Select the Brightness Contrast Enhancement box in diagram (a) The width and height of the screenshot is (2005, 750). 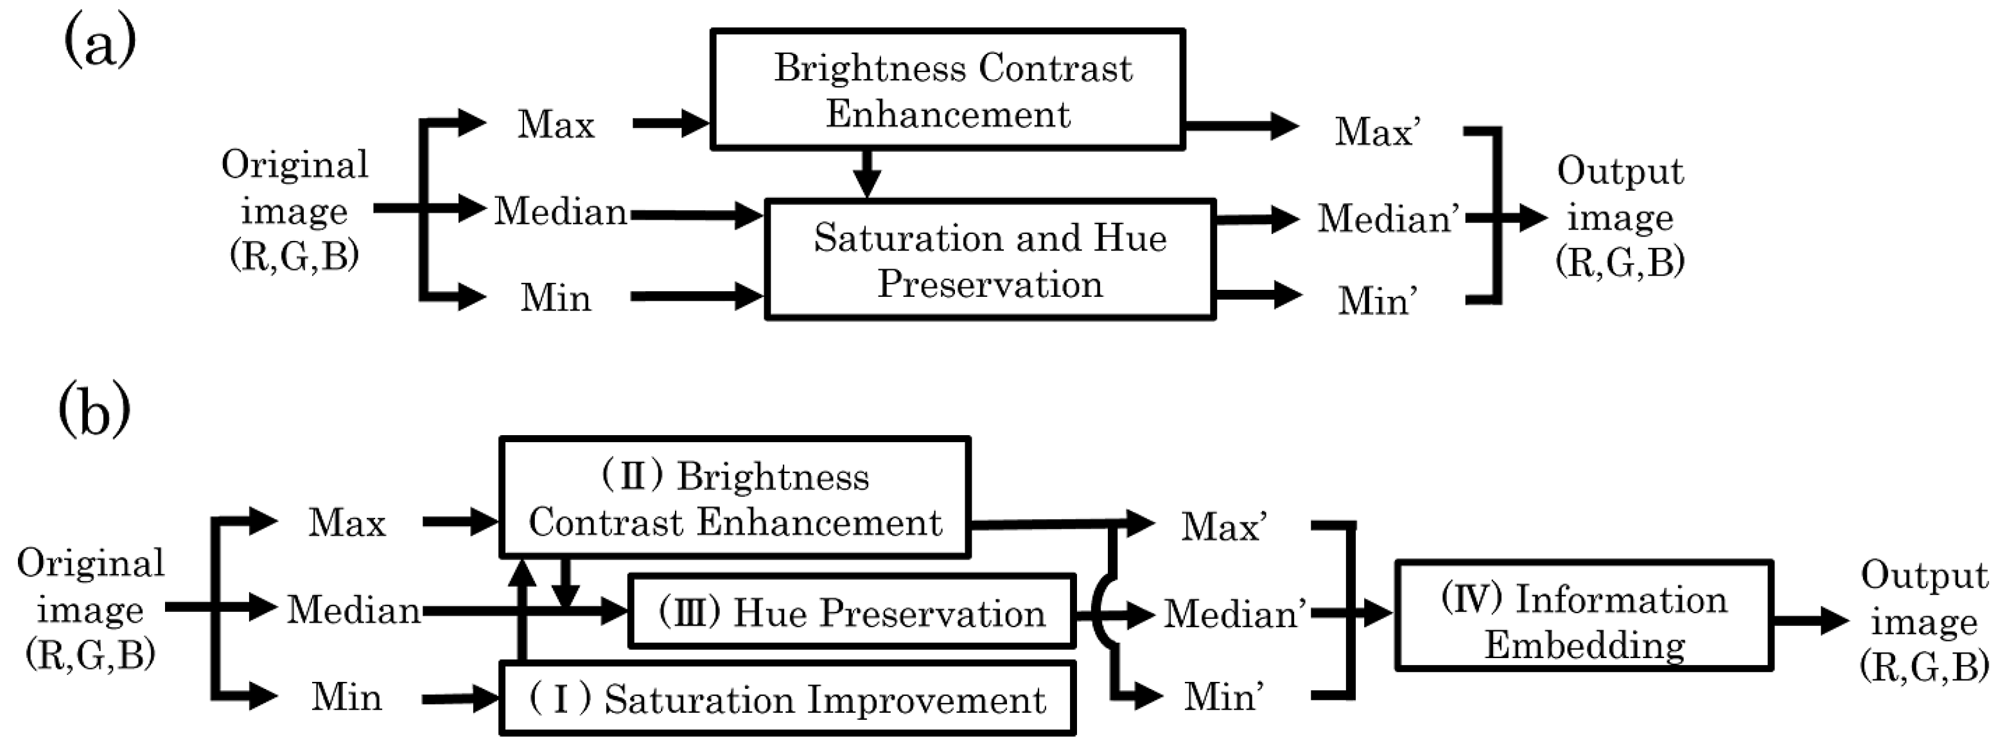[x=947, y=89]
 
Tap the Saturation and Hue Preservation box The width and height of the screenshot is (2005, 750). [x=990, y=260]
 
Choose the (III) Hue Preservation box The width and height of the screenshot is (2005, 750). [x=852, y=612]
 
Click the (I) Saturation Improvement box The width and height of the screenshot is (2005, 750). [x=787, y=699]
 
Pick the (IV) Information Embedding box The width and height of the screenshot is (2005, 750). [x=1584, y=615]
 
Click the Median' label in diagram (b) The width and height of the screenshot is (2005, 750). [x=1234, y=614]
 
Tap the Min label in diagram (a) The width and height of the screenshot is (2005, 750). [x=556, y=298]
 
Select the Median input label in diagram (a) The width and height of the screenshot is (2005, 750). [x=561, y=211]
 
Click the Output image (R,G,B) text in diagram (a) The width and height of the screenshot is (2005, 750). [x=1620, y=217]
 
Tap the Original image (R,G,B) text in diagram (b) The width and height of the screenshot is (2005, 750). [x=91, y=608]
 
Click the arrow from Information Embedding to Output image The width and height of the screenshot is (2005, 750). [x=1810, y=621]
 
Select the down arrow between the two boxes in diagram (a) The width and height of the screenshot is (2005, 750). [x=866, y=174]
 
